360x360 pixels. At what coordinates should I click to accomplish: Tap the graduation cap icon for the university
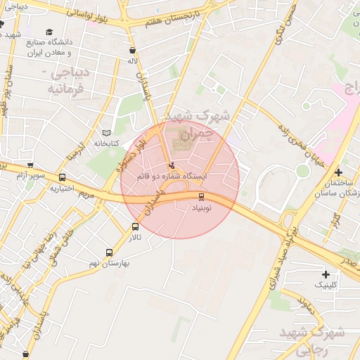(50, 32)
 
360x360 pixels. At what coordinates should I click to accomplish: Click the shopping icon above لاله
(133, 51)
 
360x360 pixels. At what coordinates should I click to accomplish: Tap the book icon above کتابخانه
(107, 132)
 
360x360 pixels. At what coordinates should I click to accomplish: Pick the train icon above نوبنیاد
(202, 197)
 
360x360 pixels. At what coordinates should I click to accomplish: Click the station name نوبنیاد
(202, 208)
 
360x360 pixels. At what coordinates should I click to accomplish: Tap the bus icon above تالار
(135, 226)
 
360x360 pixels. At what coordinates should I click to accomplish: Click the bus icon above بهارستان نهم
(108, 252)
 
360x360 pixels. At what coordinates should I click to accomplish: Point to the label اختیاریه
(63, 188)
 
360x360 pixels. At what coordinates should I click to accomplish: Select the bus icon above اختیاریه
(63, 178)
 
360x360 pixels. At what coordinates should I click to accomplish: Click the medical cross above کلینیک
(325, 274)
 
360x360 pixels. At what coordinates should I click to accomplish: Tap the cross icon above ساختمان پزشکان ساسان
(339, 172)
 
